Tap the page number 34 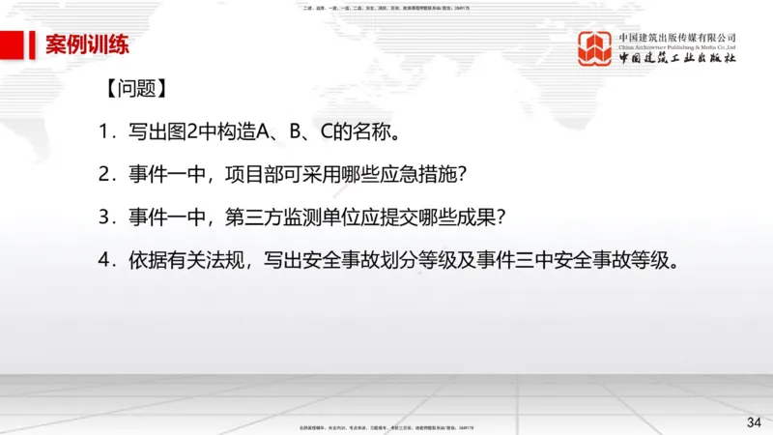754,421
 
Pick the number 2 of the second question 103,175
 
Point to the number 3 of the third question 103,217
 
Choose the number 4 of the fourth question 103,260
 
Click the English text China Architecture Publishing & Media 677,45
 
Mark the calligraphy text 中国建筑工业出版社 677,60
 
